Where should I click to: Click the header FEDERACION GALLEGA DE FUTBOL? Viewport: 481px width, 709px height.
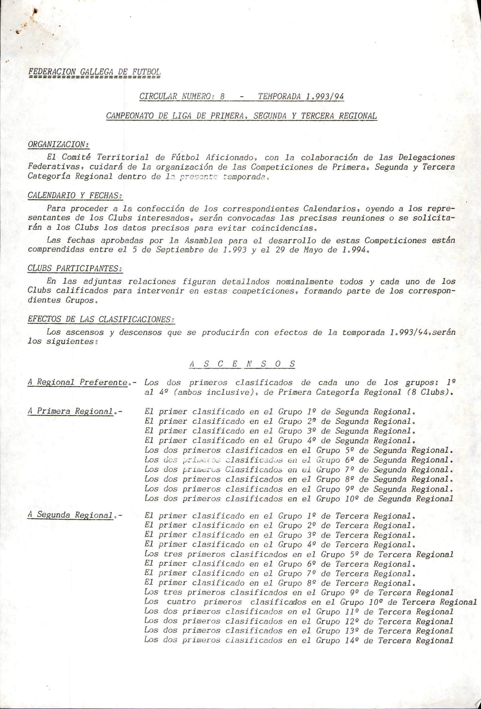point(94,72)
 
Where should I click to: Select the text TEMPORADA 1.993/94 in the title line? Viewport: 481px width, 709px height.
point(301,96)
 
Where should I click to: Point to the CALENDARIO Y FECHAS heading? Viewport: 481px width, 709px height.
point(75,195)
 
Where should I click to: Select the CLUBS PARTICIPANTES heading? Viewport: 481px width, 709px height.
point(75,268)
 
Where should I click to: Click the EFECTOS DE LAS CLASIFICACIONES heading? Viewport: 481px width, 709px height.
point(101,319)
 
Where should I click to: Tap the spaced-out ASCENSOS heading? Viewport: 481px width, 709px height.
point(242,364)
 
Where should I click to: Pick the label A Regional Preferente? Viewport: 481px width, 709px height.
point(77,382)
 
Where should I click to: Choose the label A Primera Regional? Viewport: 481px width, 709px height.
point(71,411)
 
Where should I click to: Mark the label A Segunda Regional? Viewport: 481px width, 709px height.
point(71,515)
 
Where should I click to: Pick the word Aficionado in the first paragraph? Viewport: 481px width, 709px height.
point(230,158)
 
